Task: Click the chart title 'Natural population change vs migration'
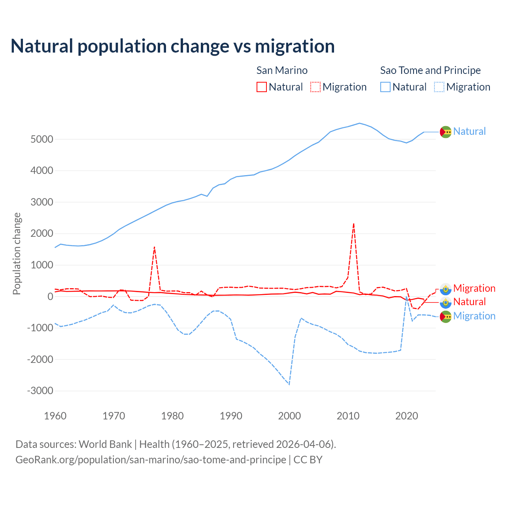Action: [x=173, y=46]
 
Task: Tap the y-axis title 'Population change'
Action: [x=17, y=253]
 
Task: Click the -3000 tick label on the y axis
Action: [x=40, y=391]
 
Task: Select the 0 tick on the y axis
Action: [x=50, y=296]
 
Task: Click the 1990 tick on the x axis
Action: [x=231, y=416]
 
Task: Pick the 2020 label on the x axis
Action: [x=406, y=416]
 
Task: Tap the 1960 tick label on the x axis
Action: [x=55, y=416]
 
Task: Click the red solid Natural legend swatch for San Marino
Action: [x=261, y=87]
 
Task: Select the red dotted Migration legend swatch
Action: [x=315, y=87]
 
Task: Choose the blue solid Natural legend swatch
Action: [x=385, y=87]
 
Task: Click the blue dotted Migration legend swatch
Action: [x=439, y=87]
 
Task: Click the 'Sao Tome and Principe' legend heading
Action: [x=430, y=70]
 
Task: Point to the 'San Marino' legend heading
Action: [x=282, y=70]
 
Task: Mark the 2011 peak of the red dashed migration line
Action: [x=353, y=224]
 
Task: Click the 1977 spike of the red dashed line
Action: [x=154, y=247]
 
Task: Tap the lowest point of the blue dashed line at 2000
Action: [x=289, y=384]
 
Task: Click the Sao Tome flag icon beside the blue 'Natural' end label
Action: [x=446, y=132]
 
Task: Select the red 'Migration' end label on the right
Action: [x=474, y=288]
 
